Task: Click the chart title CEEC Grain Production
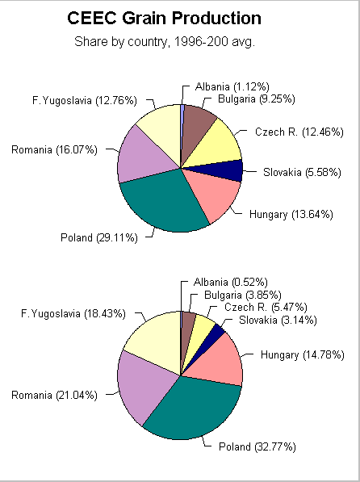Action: [164, 19]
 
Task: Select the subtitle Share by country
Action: [164, 41]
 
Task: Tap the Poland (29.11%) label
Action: [98, 237]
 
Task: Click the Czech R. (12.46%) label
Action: [299, 132]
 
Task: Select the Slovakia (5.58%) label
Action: [302, 172]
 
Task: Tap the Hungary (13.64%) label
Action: [279, 214]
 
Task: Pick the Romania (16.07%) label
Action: [54, 149]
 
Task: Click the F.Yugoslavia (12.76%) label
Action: [84, 101]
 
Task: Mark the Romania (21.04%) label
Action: [54, 395]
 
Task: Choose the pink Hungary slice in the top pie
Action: [211, 196]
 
